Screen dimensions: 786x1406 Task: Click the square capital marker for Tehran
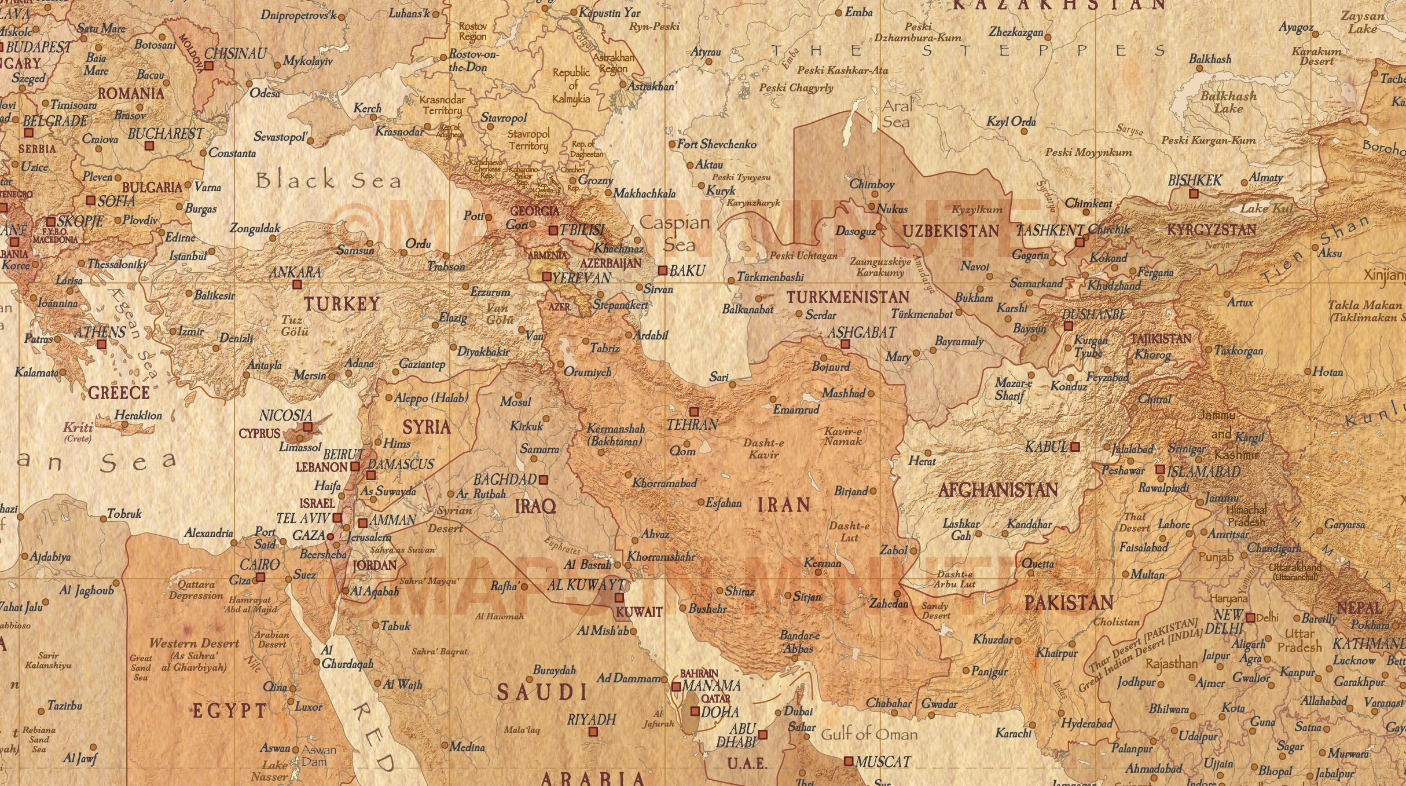pos(694,412)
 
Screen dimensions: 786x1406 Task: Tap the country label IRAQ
pos(535,506)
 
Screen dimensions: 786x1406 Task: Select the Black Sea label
pos(328,180)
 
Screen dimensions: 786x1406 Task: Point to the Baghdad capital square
pos(543,480)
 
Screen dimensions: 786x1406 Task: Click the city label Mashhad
pos(843,393)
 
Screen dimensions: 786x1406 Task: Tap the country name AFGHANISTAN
pos(998,491)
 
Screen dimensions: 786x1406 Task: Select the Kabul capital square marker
pos(1075,447)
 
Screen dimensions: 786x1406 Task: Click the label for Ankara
pos(295,272)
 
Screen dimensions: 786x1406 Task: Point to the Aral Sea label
pos(896,114)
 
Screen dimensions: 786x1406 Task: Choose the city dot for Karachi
pos(1033,725)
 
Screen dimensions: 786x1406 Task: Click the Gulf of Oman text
pos(869,734)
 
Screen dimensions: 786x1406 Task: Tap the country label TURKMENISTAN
pos(848,297)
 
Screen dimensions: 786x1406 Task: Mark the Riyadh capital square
pos(593,732)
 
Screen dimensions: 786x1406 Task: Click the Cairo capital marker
pos(260,577)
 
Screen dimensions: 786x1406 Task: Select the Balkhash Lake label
pos(1228,102)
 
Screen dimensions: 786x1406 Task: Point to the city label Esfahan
pos(723,503)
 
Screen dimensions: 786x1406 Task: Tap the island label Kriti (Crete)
pos(78,430)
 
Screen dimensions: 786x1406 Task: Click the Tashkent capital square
pos(1079,243)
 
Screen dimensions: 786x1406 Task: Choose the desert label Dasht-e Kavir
pos(763,449)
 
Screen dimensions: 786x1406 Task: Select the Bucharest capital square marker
pos(149,147)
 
